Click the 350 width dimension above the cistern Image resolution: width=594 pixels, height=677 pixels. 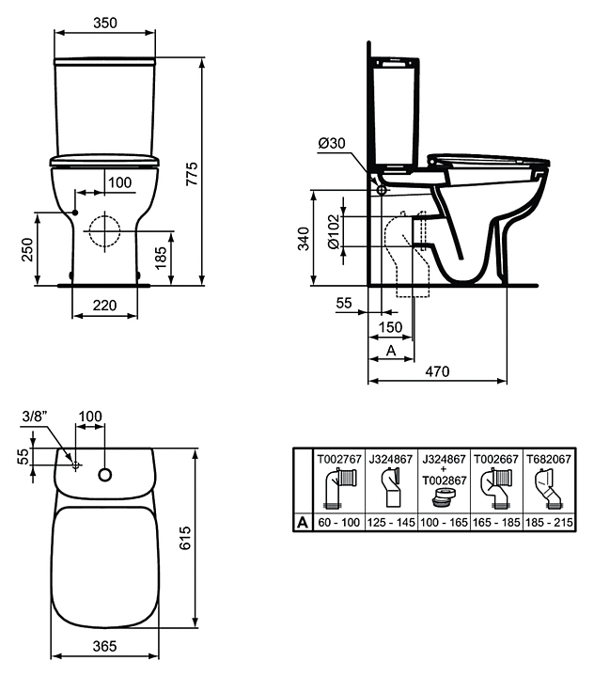[105, 23]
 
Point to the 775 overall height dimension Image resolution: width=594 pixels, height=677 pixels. [192, 174]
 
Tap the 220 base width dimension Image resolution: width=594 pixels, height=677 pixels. [104, 306]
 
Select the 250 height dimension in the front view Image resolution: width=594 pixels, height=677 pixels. [27, 249]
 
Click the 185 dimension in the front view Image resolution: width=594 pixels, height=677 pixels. [161, 258]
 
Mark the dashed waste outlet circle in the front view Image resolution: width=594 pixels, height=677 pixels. [104, 231]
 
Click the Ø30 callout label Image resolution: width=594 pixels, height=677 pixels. [332, 143]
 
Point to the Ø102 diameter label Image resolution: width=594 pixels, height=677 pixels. [335, 232]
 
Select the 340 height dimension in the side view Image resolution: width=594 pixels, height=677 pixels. [304, 239]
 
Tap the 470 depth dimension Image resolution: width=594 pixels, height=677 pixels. [437, 371]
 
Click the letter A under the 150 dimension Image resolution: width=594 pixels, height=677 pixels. [391, 351]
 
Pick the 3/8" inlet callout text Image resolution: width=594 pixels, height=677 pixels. [35, 417]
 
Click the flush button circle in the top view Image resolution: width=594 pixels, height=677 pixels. [105, 475]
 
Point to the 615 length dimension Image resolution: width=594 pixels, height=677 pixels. [185, 538]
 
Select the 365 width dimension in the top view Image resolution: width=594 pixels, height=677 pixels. [105, 646]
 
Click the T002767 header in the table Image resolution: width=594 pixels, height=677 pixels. [339, 459]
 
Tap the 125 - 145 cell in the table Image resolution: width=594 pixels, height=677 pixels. [391, 523]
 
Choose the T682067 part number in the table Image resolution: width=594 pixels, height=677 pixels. [549, 459]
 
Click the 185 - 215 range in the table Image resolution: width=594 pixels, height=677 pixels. [549, 523]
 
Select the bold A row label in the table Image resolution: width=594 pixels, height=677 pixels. [303, 523]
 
